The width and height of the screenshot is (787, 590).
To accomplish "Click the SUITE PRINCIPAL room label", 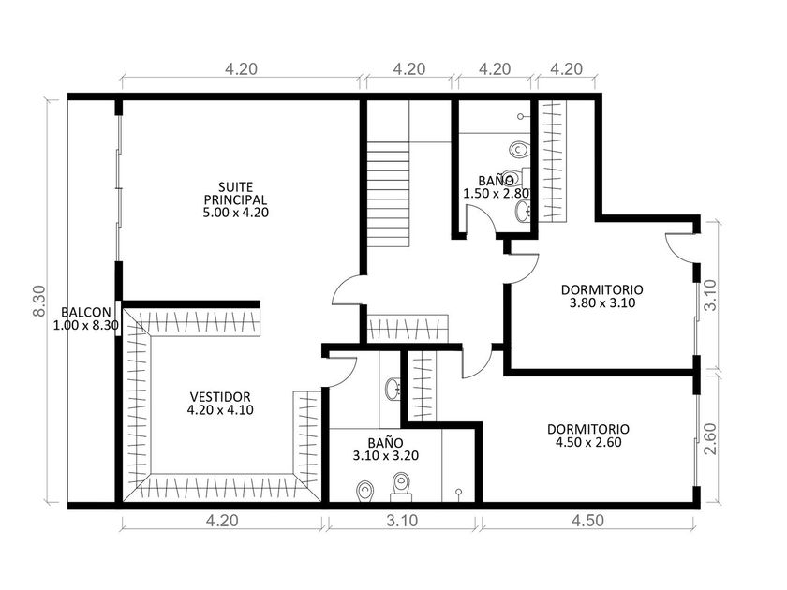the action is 235,200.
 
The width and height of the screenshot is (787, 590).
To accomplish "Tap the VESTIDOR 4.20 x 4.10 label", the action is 220,404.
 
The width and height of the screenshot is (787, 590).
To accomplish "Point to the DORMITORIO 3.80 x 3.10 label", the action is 602,296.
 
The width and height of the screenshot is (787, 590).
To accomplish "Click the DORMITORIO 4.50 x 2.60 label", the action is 588,435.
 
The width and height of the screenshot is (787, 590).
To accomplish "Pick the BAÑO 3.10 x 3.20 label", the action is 385,449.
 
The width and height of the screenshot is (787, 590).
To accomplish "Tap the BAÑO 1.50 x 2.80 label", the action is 496,186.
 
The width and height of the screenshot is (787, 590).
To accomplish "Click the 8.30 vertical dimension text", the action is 39,301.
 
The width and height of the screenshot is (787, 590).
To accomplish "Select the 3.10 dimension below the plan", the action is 402,521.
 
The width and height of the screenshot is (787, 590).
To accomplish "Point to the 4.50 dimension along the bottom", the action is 587,521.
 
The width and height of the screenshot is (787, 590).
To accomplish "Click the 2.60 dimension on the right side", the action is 710,439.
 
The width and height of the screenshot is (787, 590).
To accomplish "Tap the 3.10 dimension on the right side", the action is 710,295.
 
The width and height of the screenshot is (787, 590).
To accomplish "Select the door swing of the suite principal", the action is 340,286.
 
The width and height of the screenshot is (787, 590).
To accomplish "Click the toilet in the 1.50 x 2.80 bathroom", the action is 519,149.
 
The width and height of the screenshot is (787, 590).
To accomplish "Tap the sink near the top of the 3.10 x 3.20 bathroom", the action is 393,389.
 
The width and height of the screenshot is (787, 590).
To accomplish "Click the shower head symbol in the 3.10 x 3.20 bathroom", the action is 459,494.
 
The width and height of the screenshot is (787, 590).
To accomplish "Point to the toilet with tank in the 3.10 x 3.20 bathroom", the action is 401,486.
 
